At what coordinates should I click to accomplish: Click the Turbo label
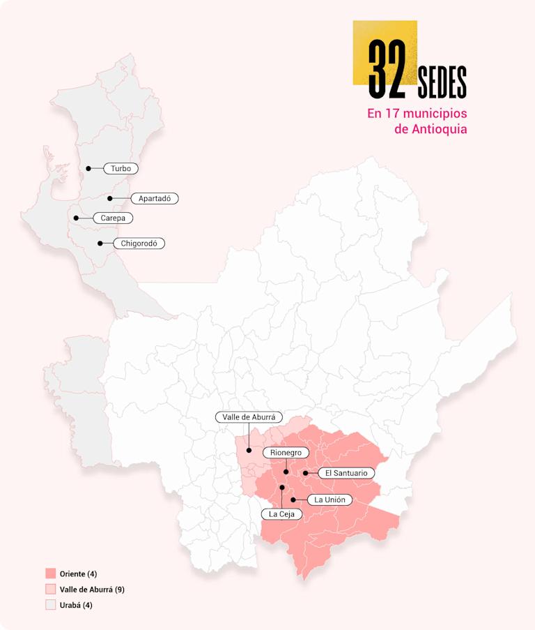pos(121,168)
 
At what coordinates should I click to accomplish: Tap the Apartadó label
pos(155,198)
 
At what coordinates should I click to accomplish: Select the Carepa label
pos(113,218)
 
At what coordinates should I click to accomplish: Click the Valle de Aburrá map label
pos(249,417)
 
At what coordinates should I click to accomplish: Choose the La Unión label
pos(329,500)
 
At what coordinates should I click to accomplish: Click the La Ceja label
pos(282,514)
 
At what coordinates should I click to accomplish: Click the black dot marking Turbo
pos(88,168)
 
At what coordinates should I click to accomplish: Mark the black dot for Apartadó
pos(110,198)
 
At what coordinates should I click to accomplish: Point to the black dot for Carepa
pos(76,218)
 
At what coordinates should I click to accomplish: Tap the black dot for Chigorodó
pos(100,243)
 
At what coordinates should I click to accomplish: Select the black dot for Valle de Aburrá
pos(249,451)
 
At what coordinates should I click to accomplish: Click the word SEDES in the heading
pos(442,82)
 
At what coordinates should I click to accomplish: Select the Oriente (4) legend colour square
pos(50,573)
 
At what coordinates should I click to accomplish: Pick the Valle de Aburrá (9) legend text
pos(92,590)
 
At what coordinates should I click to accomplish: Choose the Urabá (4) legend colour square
pos(50,605)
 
